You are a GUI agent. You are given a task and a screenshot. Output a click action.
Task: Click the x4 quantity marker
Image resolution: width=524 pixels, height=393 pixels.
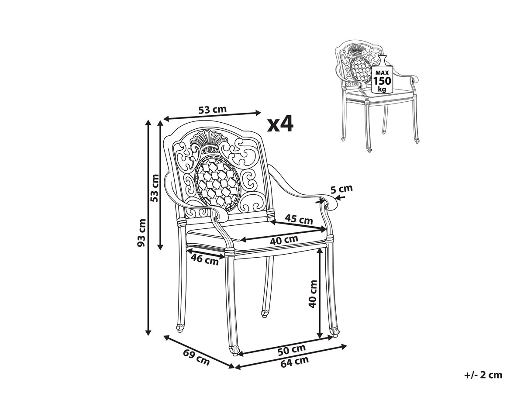280,124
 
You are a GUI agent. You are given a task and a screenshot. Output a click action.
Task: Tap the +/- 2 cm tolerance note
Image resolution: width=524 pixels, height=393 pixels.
483,375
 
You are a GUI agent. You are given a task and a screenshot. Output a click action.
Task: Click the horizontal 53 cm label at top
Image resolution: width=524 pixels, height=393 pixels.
213,110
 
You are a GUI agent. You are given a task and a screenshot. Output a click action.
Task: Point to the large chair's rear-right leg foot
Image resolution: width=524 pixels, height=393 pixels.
265,313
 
